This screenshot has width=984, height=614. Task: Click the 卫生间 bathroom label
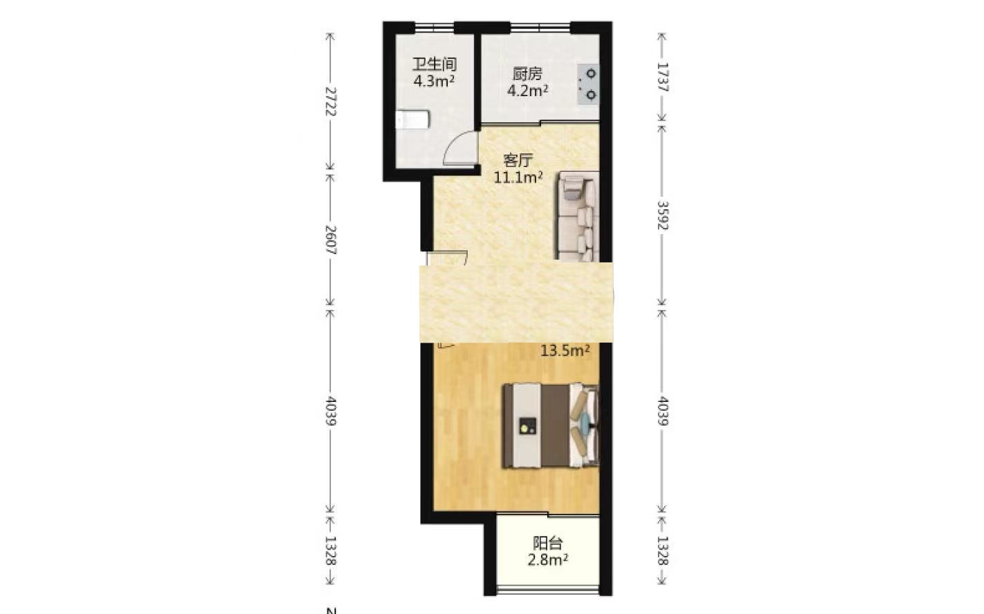434,64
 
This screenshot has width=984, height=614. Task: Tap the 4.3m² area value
434,81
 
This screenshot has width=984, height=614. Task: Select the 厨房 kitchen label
527,74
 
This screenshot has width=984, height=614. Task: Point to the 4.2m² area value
527,91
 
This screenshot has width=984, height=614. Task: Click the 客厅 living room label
518,160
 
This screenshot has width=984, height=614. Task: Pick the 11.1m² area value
518,178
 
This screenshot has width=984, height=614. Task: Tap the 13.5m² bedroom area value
565,350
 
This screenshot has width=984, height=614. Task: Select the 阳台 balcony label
547,544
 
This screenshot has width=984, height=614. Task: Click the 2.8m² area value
547,560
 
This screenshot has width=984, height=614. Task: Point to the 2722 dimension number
330,102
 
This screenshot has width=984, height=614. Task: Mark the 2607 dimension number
330,240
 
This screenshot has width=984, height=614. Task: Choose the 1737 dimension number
662,77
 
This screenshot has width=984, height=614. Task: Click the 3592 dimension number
662,215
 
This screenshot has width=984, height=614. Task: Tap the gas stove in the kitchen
588,84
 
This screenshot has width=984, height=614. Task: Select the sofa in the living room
578,217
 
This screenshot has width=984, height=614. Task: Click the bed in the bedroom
551,425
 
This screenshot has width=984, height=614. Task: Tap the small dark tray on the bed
527,426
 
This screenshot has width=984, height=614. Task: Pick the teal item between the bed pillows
585,422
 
